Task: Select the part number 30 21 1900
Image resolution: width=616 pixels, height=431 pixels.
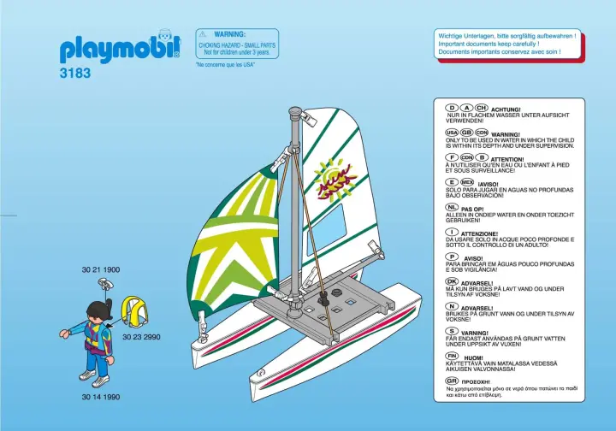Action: click(100, 269)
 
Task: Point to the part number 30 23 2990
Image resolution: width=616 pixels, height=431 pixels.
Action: click(141, 338)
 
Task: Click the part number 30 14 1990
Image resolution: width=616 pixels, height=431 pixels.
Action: click(100, 397)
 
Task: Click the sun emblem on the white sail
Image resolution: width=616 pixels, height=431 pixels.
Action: click(329, 179)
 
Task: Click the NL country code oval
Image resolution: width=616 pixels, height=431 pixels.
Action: click(452, 207)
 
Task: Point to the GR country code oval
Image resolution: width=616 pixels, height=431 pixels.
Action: click(453, 380)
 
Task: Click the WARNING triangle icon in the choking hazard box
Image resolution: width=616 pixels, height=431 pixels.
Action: click(205, 33)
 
